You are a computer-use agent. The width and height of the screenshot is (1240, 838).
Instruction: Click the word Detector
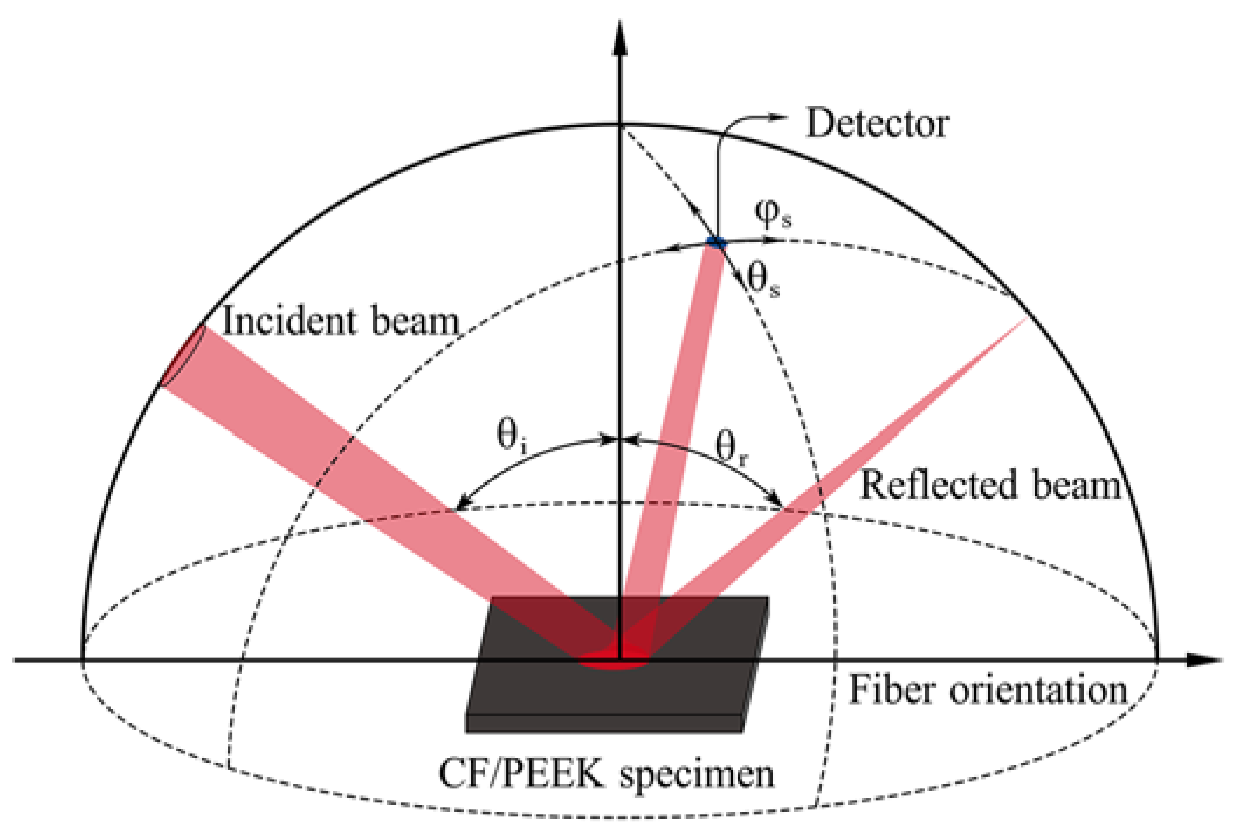[x=877, y=124]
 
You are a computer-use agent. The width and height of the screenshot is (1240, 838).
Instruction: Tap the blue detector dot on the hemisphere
[x=716, y=242]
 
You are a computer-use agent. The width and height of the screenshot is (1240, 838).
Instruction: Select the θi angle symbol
[x=511, y=437]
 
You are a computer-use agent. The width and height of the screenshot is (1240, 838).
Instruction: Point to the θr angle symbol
[x=731, y=449]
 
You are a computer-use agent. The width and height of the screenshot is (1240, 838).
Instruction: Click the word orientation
[x=1038, y=691]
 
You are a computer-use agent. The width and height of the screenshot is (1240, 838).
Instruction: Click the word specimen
[x=697, y=775]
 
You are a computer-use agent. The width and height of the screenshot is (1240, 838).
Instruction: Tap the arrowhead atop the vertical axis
[x=620, y=38]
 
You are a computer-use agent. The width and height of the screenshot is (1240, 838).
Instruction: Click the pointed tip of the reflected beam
[x=1025, y=319]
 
